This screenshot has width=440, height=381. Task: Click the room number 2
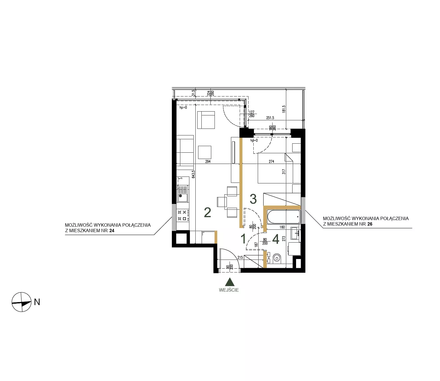(207, 212)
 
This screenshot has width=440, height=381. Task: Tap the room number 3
(253, 199)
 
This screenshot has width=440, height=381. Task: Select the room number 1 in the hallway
(243, 239)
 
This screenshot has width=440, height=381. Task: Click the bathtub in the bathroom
(283, 217)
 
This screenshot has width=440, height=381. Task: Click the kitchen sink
(183, 194)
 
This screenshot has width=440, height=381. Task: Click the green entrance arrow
(230, 282)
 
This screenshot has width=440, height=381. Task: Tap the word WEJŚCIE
(229, 290)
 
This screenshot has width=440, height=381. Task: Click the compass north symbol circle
(21, 302)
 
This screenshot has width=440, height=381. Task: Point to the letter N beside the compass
(37, 302)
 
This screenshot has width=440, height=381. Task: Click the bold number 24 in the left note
(112, 231)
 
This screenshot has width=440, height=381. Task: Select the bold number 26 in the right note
(370, 224)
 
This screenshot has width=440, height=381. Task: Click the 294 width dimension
(208, 162)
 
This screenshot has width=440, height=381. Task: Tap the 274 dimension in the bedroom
(271, 162)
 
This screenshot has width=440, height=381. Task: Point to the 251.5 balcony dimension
(270, 118)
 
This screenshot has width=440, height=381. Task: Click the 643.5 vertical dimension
(193, 175)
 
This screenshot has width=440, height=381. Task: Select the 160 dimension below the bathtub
(282, 227)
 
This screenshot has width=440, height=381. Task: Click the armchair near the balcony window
(206, 120)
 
